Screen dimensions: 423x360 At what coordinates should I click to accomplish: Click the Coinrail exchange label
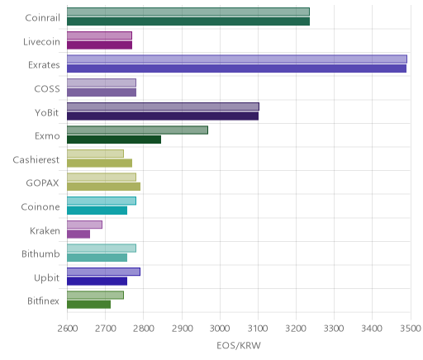[x=42, y=18]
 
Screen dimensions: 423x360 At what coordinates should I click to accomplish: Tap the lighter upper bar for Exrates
[x=237, y=59]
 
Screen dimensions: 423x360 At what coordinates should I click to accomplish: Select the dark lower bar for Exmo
[x=114, y=140]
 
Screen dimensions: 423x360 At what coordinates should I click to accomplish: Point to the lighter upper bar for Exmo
[x=137, y=130]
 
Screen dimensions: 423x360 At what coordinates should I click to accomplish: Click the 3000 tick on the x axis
[x=220, y=329]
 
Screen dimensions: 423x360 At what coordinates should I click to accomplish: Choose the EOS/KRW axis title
[x=239, y=345]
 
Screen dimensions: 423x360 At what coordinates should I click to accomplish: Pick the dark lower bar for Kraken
[x=78, y=234]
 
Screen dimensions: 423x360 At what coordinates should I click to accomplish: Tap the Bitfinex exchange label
[x=43, y=301]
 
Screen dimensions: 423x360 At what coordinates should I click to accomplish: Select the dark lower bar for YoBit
[x=163, y=116]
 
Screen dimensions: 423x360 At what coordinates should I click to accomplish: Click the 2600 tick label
[x=68, y=329]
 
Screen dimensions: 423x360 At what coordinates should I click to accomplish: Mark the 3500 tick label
[x=411, y=329]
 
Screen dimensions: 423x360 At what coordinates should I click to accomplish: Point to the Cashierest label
[x=36, y=159]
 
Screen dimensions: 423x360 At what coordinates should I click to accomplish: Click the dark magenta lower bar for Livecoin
[x=99, y=45]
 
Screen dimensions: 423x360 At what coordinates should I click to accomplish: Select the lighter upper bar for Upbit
[x=103, y=272]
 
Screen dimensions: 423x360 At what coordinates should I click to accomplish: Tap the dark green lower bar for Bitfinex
[x=88, y=305]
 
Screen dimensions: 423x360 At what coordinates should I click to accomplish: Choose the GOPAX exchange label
[x=43, y=183]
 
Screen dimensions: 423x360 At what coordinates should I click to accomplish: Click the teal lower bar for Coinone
[x=97, y=211]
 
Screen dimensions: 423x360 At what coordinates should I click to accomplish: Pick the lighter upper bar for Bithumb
[x=102, y=249]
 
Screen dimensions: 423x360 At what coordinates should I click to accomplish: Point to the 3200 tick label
[x=296, y=329]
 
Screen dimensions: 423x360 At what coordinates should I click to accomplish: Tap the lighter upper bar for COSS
[x=102, y=83]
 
